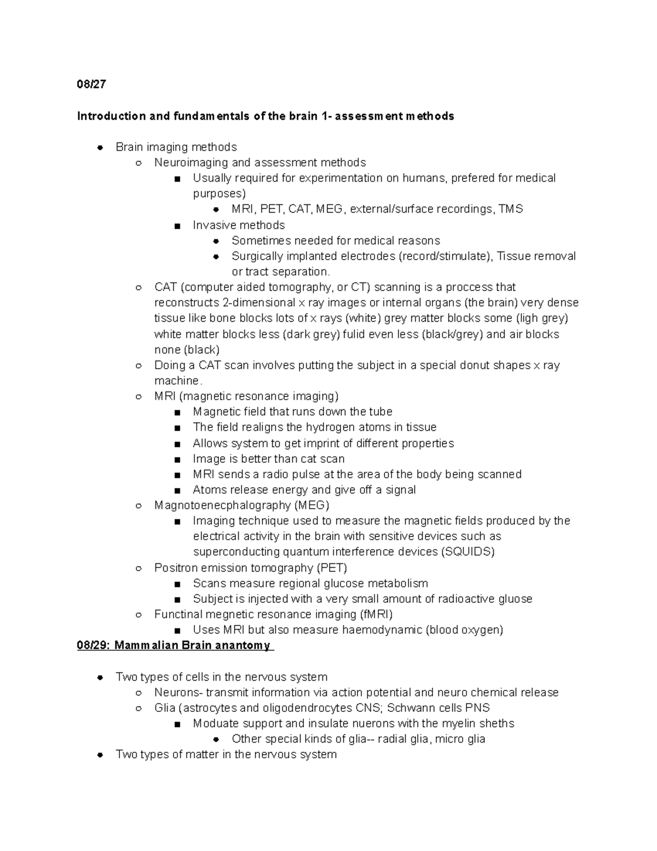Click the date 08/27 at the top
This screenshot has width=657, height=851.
click(x=91, y=84)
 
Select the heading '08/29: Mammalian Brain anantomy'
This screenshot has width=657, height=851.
click(x=174, y=645)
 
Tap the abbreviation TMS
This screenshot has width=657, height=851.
click(x=511, y=209)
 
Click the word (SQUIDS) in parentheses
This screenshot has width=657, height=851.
click(x=468, y=552)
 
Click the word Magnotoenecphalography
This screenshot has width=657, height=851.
click(x=222, y=505)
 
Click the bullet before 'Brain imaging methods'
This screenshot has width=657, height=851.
click(x=100, y=147)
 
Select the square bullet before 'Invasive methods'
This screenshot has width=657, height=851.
click(x=177, y=226)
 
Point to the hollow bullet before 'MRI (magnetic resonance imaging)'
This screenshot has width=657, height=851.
click(x=139, y=397)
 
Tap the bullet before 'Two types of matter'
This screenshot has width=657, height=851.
click(x=100, y=755)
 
